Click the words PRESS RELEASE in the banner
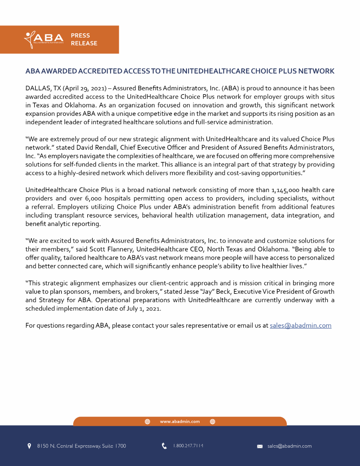click(x=84, y=39)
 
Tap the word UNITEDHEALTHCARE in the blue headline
click(x=213, y=71)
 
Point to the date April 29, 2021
click(x=85, y=88)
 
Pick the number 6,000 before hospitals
click(x=93, y=198)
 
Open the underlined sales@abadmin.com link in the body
click(x=300, y=326)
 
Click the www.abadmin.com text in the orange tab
click(x=180, y=422)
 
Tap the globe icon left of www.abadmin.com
click(x=147, y=422)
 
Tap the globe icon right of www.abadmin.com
click(x=212, y=422)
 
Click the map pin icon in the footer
click(x=29, y=446)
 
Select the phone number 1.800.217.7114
click(x=188, y=446)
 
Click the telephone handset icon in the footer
click(x=164, y=446)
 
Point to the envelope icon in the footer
click(x=260, y=446)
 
